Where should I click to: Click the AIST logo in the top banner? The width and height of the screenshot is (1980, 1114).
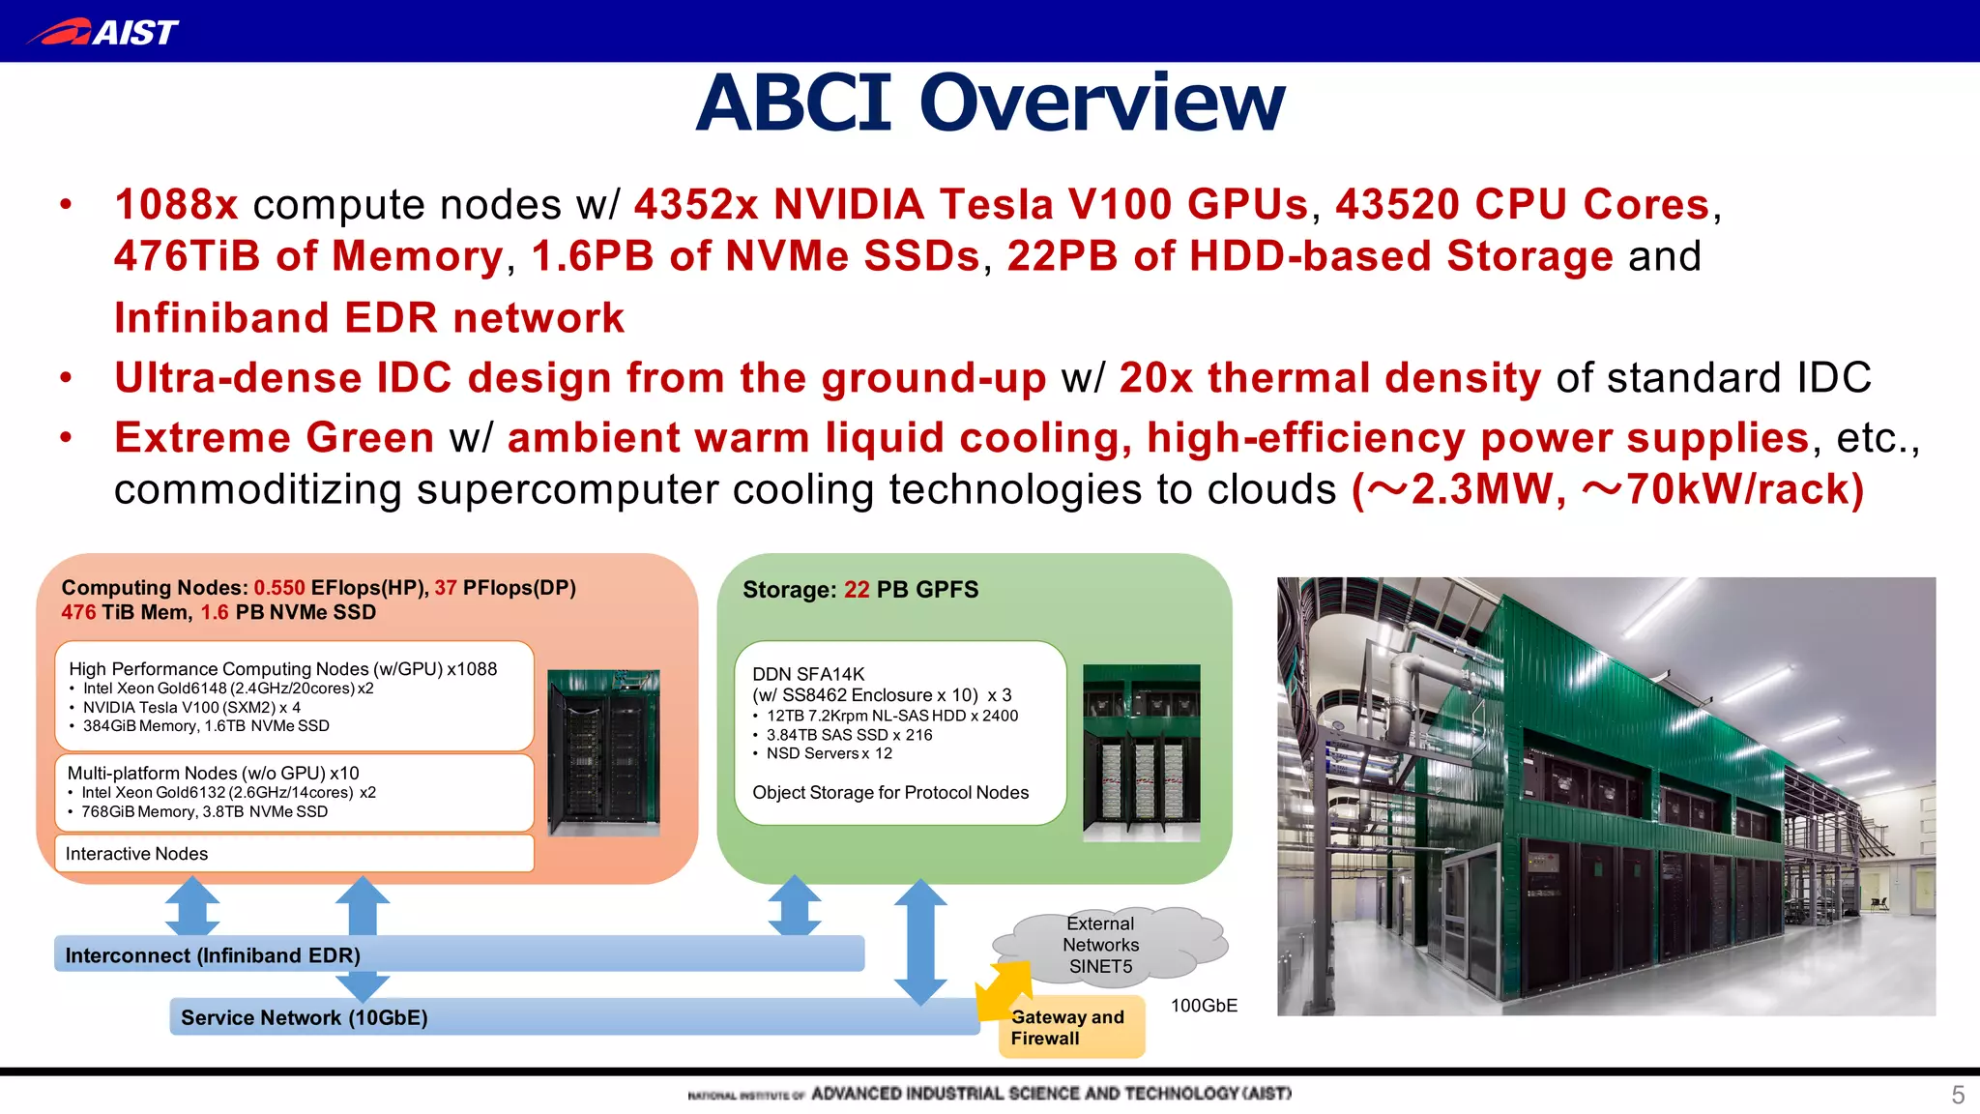(x=102, y=32)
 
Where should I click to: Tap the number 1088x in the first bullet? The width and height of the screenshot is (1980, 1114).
(x=176, y=205)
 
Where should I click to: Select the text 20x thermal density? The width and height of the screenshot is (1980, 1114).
(x=1329, y=378)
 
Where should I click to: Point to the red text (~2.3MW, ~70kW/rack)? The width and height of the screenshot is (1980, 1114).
(x=1607, y=489)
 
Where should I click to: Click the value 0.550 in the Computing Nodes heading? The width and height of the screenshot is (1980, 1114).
(x=278, y=588)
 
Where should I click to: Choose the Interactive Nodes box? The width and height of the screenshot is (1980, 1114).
(x=294, y=854)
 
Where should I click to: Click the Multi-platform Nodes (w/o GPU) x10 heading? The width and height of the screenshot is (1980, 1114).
(x=213, y=773)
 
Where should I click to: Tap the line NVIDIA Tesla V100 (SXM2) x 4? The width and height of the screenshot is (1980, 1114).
(x=191, y=707)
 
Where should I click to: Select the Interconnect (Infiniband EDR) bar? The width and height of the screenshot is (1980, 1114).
(x=458, y=955)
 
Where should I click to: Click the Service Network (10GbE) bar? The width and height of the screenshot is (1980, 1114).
(x=574, y=1017)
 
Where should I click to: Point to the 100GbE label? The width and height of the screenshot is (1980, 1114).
(x=1204, y=1006)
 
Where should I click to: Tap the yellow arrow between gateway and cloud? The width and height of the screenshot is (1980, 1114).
(x=1004, y=988)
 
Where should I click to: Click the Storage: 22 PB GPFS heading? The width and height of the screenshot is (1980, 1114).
(x=859, y=590)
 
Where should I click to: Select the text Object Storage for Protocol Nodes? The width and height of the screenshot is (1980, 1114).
(x=889, y=793)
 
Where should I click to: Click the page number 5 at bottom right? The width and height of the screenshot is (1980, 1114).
(x=1957, y=1095)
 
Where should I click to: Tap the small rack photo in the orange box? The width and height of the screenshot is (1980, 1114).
(x=603, y=751)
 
